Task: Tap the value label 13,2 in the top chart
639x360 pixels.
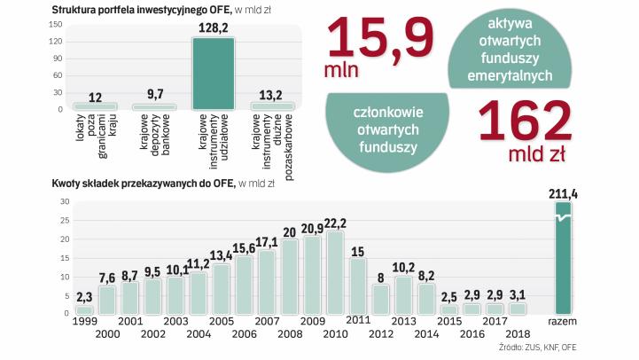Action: click(x=272, y=93)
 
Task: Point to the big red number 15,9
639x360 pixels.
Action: click(x=381, y=37)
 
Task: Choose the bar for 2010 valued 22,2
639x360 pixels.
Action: click(x=335, y=272)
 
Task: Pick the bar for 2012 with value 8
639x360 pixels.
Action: click(x=381, y=300)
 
